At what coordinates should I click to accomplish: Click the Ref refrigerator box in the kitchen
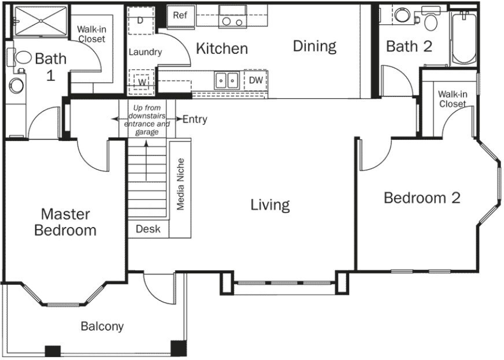pos(180,16)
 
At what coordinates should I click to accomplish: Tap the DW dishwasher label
pos(256,80)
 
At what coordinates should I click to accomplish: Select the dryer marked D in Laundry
pos(140,21)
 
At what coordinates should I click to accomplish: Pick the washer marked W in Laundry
pos(142,82)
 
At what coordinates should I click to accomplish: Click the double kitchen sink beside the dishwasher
pos(227,80)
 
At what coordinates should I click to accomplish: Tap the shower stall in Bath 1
pos(41,21)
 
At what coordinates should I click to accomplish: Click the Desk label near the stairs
pos(148,229)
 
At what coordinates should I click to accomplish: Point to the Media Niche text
pos(180,184)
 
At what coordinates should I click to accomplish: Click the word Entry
pos(195,120)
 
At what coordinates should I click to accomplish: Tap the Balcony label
pos(102,326)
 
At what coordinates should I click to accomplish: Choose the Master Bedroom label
pos(65,222)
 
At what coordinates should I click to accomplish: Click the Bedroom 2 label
pos(422,198)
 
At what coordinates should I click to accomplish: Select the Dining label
pos(314,46)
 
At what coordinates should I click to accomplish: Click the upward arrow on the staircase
pos(146,161)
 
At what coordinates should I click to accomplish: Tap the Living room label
pos(270,205)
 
